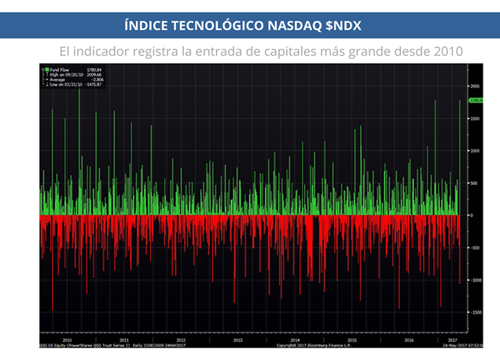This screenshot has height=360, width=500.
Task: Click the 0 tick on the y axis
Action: coord(472,215)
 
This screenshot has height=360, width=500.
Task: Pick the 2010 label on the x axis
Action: coord(67,340)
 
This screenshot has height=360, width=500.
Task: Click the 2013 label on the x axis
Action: coord(238,340)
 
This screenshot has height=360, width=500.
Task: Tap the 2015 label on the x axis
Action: coord(352,340)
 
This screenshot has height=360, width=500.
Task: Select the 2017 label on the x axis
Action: coord(453,340)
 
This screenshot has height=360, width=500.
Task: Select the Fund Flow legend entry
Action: coord(53,70)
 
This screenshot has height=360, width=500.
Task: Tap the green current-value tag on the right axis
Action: coord(475,101)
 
